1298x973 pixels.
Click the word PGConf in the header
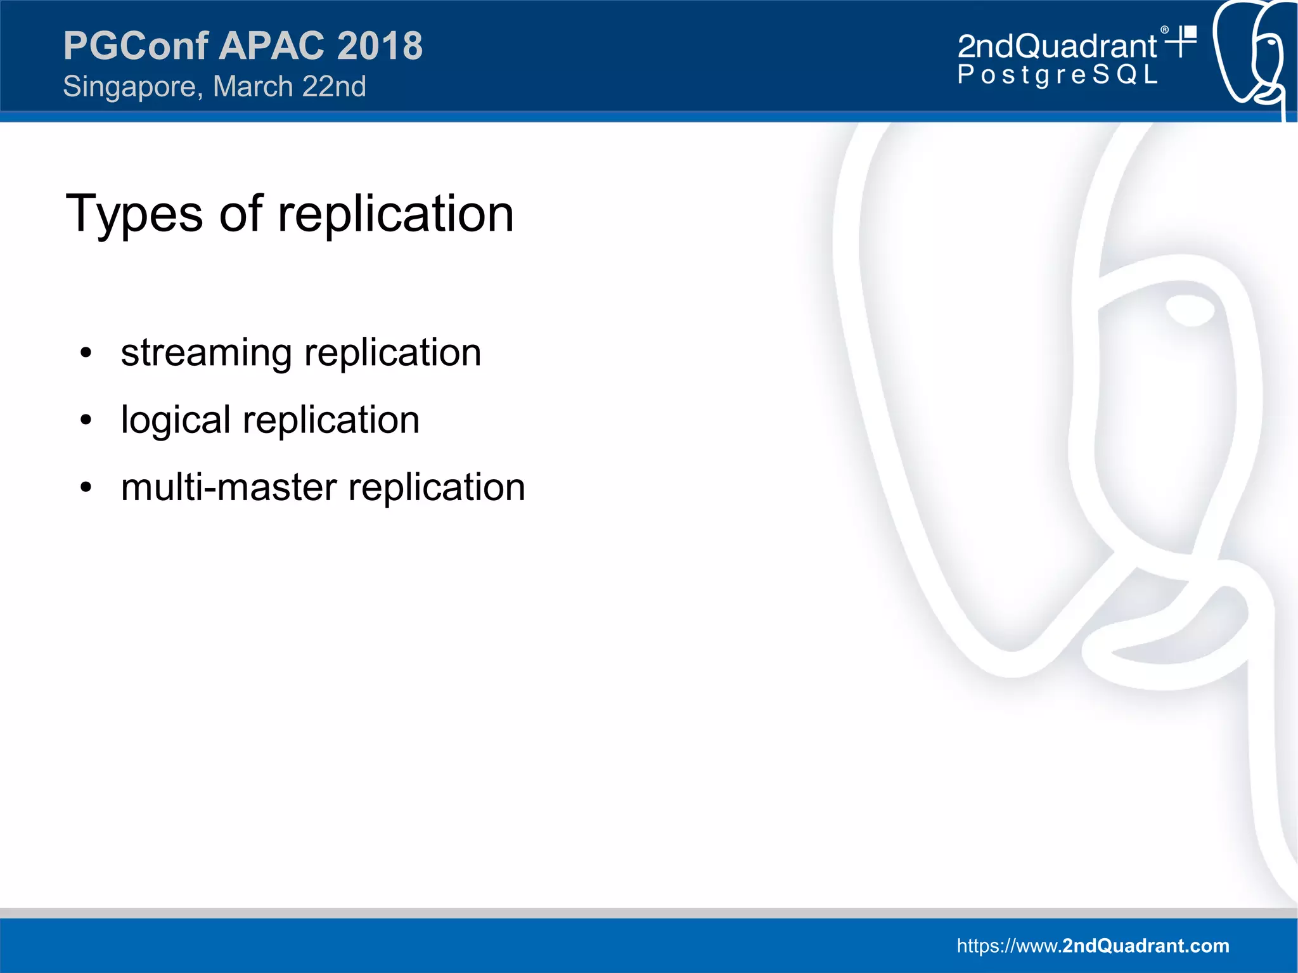coord(136,46)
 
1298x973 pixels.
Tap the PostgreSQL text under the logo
coord(1057,75)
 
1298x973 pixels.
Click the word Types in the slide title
coord(134,214)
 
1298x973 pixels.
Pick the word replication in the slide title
coord(395,214)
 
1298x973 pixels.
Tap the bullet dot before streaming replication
coord(86,353)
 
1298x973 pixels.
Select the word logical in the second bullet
coord(176,420)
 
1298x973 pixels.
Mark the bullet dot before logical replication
coord(86,420)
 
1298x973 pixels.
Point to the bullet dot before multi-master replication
coord(86,487)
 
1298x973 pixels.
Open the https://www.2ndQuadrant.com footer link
coord(1092,946)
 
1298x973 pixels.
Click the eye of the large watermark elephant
coord(1190,310)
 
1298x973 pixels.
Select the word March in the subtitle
coord(252,86)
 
